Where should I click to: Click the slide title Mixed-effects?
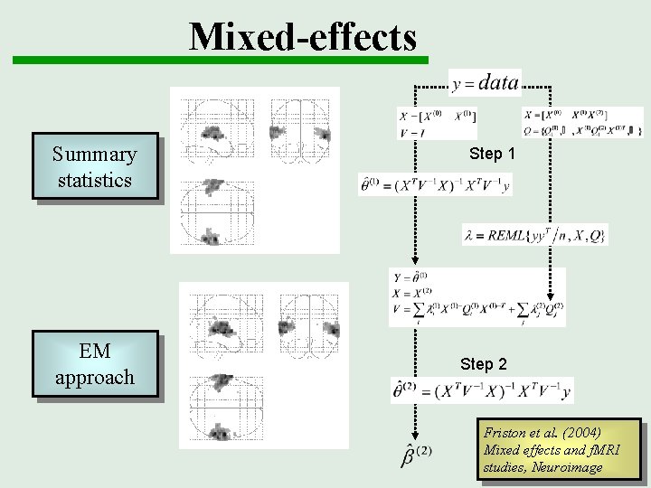click(303, 36)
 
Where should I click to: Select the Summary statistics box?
click(94, 166)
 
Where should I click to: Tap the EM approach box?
click(94, 364)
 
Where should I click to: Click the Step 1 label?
click(492, 154)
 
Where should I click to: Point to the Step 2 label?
click(483, 364)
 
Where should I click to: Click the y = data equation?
click(485, 83)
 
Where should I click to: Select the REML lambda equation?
click(534, 235)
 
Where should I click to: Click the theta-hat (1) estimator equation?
click(435, 184)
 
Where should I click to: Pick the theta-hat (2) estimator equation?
click(481, 390)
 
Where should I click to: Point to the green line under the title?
click(220, 61)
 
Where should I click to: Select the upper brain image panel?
click(255, 170)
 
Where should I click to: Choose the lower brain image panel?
click(264, 365)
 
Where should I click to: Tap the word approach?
click(94, 377)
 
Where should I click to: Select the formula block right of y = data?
click(582, 121)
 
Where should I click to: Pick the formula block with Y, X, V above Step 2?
click(476, 297)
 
